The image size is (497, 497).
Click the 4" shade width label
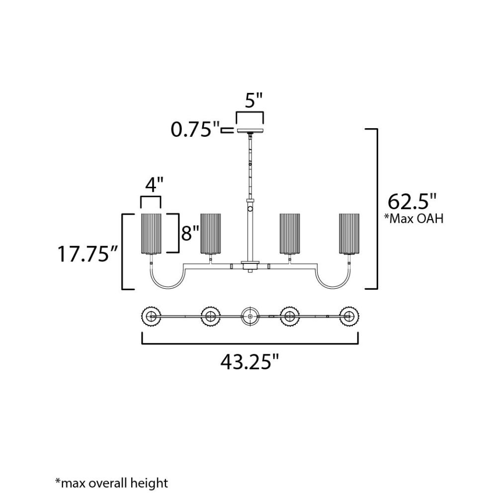pos(154,184)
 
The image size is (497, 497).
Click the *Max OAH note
pos(414,218)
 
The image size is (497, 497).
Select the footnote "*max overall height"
pos(111,483)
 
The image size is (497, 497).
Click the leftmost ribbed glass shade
pos(151,234)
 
